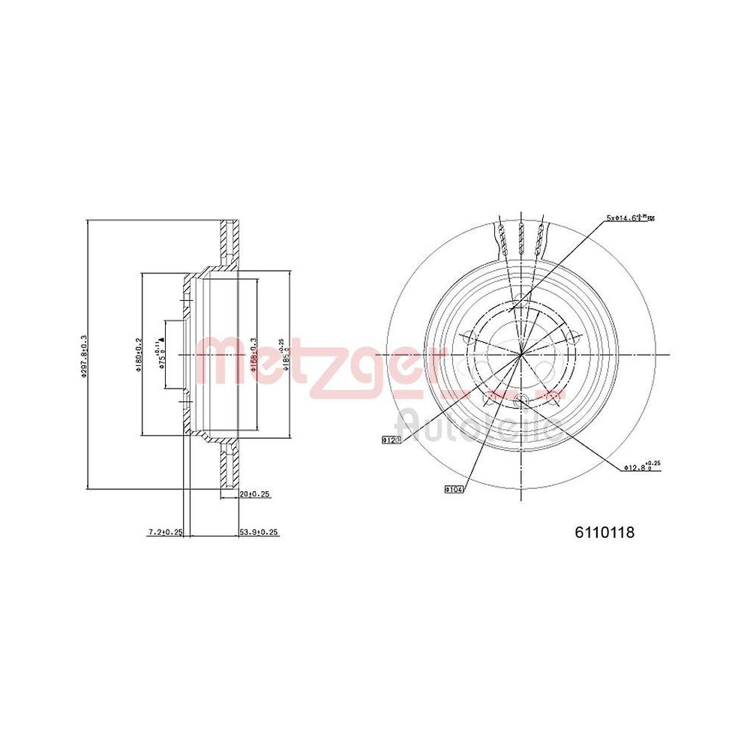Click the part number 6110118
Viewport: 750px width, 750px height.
click(604, 532)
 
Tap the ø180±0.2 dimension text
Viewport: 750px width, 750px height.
click(138, 354)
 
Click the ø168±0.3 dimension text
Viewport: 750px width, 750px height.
click(254, 354)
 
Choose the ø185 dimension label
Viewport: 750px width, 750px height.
click(283, 354)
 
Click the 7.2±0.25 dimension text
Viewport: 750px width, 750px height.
click(166, 532)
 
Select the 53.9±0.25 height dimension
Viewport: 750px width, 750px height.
click(259, 532)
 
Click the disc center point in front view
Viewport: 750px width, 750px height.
click(520, 354)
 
